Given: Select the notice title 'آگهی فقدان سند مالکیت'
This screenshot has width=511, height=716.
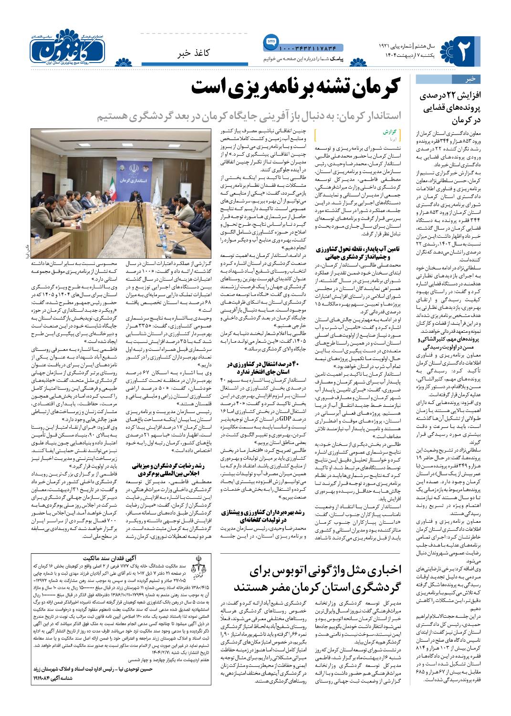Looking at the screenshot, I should click(119, 558).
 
